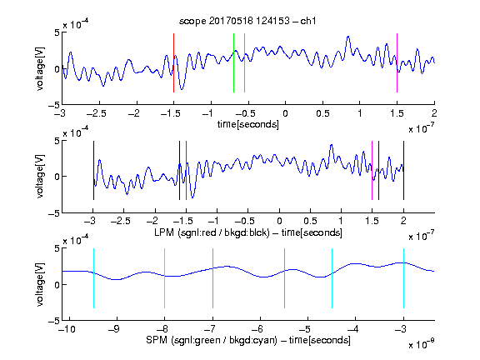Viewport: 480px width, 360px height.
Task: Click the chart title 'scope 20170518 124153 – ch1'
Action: tap(247, 21)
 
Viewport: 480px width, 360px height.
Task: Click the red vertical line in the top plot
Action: tap(173, 62)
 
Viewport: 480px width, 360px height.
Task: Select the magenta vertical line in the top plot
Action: tap(397, 62)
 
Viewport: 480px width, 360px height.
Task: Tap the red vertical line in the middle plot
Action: tap(186, 171)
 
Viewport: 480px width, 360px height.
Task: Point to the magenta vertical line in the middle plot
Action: tap(372, 171)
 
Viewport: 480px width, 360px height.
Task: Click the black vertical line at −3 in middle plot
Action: tap(93, 171)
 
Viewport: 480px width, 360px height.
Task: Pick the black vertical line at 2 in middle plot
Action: tap(403, 171)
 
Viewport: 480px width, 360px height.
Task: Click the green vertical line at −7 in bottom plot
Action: tap(212, 278)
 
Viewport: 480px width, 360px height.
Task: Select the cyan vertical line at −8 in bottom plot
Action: tap(165, 278)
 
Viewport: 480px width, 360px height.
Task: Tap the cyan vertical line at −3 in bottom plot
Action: tap(404, 278)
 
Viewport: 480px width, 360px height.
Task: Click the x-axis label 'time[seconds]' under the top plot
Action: tap(248, 124)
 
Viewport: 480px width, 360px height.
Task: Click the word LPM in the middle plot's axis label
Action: tap(164, 232)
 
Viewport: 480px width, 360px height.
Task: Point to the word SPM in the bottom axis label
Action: tap(157, 340)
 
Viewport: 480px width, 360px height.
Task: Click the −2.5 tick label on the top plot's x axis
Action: tap(96, 113)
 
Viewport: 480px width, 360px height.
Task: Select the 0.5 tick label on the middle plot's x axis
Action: tap(310, 221)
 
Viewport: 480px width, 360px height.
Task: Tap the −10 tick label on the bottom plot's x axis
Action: tap(67, 329)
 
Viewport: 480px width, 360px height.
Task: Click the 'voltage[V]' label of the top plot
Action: tap(40, 68)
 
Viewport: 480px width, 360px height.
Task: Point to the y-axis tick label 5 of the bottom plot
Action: tap(57, 248)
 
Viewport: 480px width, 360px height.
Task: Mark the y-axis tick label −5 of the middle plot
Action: tap(54, 213)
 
